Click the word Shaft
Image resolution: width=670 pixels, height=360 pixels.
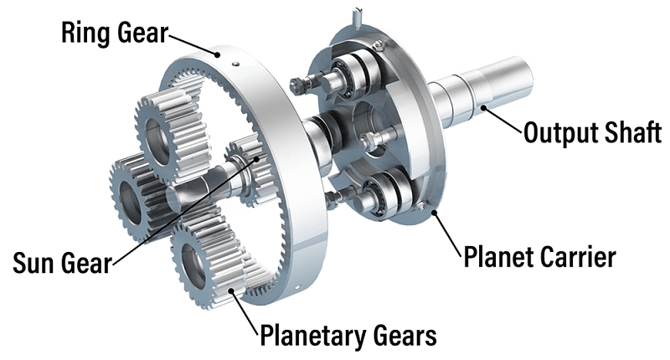(633, 132)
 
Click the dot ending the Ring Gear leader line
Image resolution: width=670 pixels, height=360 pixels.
(218, 54)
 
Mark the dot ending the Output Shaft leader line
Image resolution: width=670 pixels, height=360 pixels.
(483, 107)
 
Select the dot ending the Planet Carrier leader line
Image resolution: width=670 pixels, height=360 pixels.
(435, 212)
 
